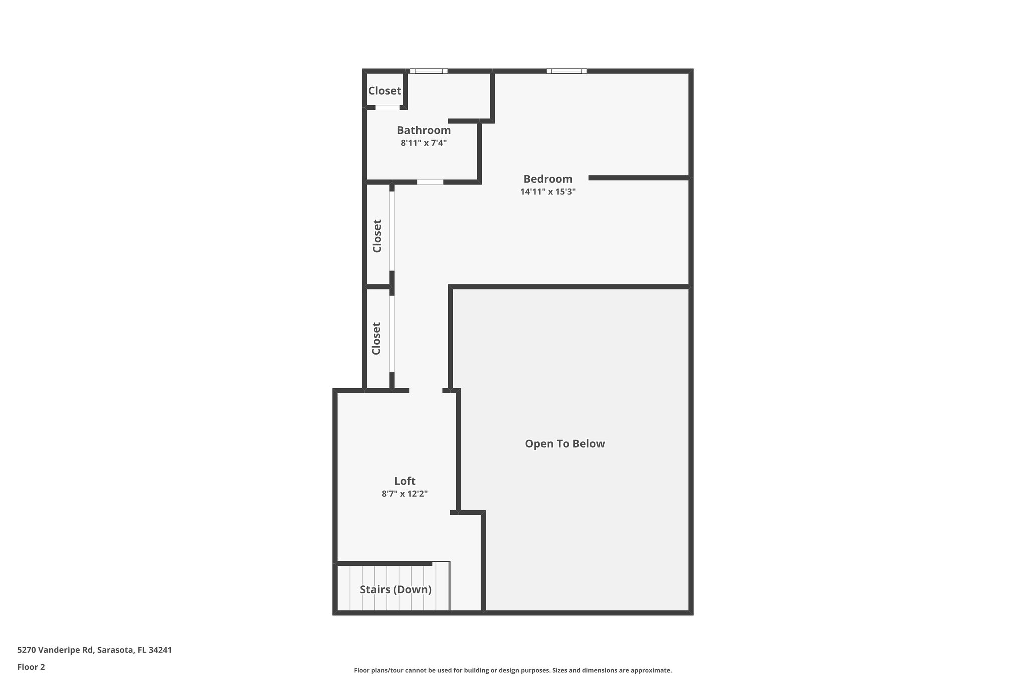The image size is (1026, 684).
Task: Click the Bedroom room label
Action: (x=548, y=179)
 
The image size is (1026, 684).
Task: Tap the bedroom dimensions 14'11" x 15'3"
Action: (x=548, y=191)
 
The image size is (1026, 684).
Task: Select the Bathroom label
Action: (x=424, y=130)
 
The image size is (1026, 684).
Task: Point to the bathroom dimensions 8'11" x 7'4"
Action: (x=424, y=143)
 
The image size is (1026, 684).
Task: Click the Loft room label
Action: (x=405, y=481)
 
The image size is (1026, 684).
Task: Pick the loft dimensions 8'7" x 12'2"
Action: (x=405, y=494)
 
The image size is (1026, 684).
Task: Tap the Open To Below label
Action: (x=565, y=444)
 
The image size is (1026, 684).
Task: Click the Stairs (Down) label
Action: (x=396, y=589)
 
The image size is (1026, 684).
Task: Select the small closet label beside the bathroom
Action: (x=385, y=91)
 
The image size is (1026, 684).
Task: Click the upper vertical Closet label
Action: (x=377, y=236)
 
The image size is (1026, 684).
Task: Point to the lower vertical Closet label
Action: (x=377, y=338)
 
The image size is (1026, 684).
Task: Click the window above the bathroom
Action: (x=429, y=71)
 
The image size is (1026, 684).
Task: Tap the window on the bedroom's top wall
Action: (x=566, y=71)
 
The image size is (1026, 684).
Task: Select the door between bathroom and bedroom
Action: (x=430, y=182)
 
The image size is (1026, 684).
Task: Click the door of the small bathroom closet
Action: (x=388, y=107)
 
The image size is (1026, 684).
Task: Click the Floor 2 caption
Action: (x=31, y=667)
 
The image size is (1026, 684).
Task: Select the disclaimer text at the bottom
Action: (x=512, y=670)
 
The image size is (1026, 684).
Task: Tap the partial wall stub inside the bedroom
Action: (x=639, y=178)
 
